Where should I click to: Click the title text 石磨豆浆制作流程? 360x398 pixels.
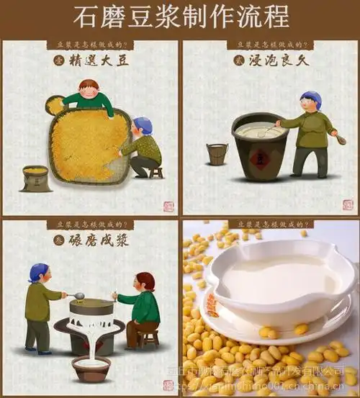click(180, 17)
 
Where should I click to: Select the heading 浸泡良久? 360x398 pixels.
click(278, 60)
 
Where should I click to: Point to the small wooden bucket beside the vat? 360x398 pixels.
click(217, 153)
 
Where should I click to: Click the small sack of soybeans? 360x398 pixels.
click(35, 178)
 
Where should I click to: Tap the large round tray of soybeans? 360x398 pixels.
click(86, 144)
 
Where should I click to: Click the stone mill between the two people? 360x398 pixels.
click(91, 317)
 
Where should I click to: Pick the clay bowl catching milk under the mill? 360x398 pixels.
click(91, 368)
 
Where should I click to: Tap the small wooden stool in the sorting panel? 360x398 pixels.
click(156, 173)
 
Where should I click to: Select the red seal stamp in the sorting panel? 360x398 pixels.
click(168, 206)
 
